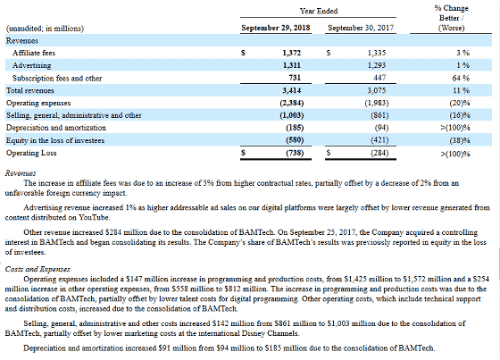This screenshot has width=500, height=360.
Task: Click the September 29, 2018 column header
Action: (276, 28)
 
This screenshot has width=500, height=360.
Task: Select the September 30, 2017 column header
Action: (361, 28)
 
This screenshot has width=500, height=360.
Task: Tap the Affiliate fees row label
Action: (34, 53)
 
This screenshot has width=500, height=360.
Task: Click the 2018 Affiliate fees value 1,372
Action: (291, 53)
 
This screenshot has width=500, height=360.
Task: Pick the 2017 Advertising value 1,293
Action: (377, 65)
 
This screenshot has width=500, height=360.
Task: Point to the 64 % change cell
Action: (461, 79)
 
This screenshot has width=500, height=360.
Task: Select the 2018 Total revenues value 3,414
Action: (291, 90)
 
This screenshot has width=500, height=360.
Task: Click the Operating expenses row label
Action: (38, 103)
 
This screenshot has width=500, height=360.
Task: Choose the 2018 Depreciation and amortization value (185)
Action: (295, 128)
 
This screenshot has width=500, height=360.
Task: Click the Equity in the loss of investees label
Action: (55, 140)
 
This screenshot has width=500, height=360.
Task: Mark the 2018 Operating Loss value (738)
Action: (295, 153)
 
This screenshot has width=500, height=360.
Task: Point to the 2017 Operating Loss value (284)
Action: (379, 153)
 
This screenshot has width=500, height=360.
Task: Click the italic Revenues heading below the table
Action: (21, 173)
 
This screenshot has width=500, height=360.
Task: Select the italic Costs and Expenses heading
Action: (37, 270)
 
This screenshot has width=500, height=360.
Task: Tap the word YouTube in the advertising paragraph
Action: (94, 218)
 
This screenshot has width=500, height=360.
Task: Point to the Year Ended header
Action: (319, 12)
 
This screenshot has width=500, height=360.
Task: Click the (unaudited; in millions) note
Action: (45, 29)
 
